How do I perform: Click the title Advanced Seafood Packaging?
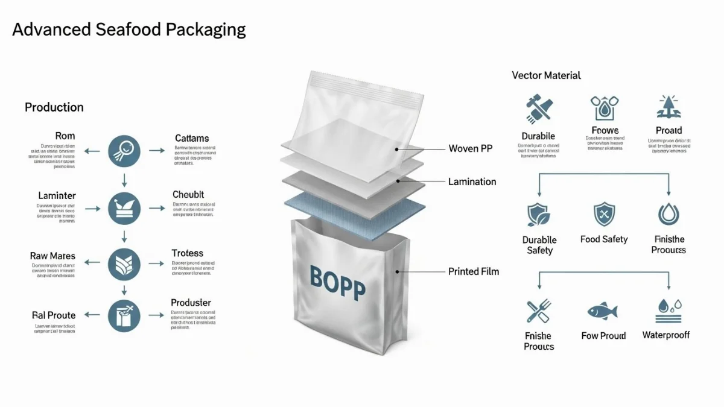[129, 30]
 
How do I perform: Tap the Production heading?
[54, 107]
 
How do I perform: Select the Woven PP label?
[470, 148]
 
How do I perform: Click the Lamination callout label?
[472, 181]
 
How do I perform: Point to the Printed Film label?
[474, 271]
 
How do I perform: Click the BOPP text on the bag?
[337, 282]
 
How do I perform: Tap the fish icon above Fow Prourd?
[603, 312]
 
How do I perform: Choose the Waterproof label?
[665, 335]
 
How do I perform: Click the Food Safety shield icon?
[604, 215]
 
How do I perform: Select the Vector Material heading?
[546, 75]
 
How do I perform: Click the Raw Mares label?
[52, 256]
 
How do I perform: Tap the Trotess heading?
[187, 253]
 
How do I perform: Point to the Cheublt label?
[188, 195]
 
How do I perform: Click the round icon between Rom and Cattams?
[124, 151]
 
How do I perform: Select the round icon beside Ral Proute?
[124, 315]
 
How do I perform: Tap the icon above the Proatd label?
[668, 107]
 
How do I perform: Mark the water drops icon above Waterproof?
[668, 311]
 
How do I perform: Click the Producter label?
[191, 303]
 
